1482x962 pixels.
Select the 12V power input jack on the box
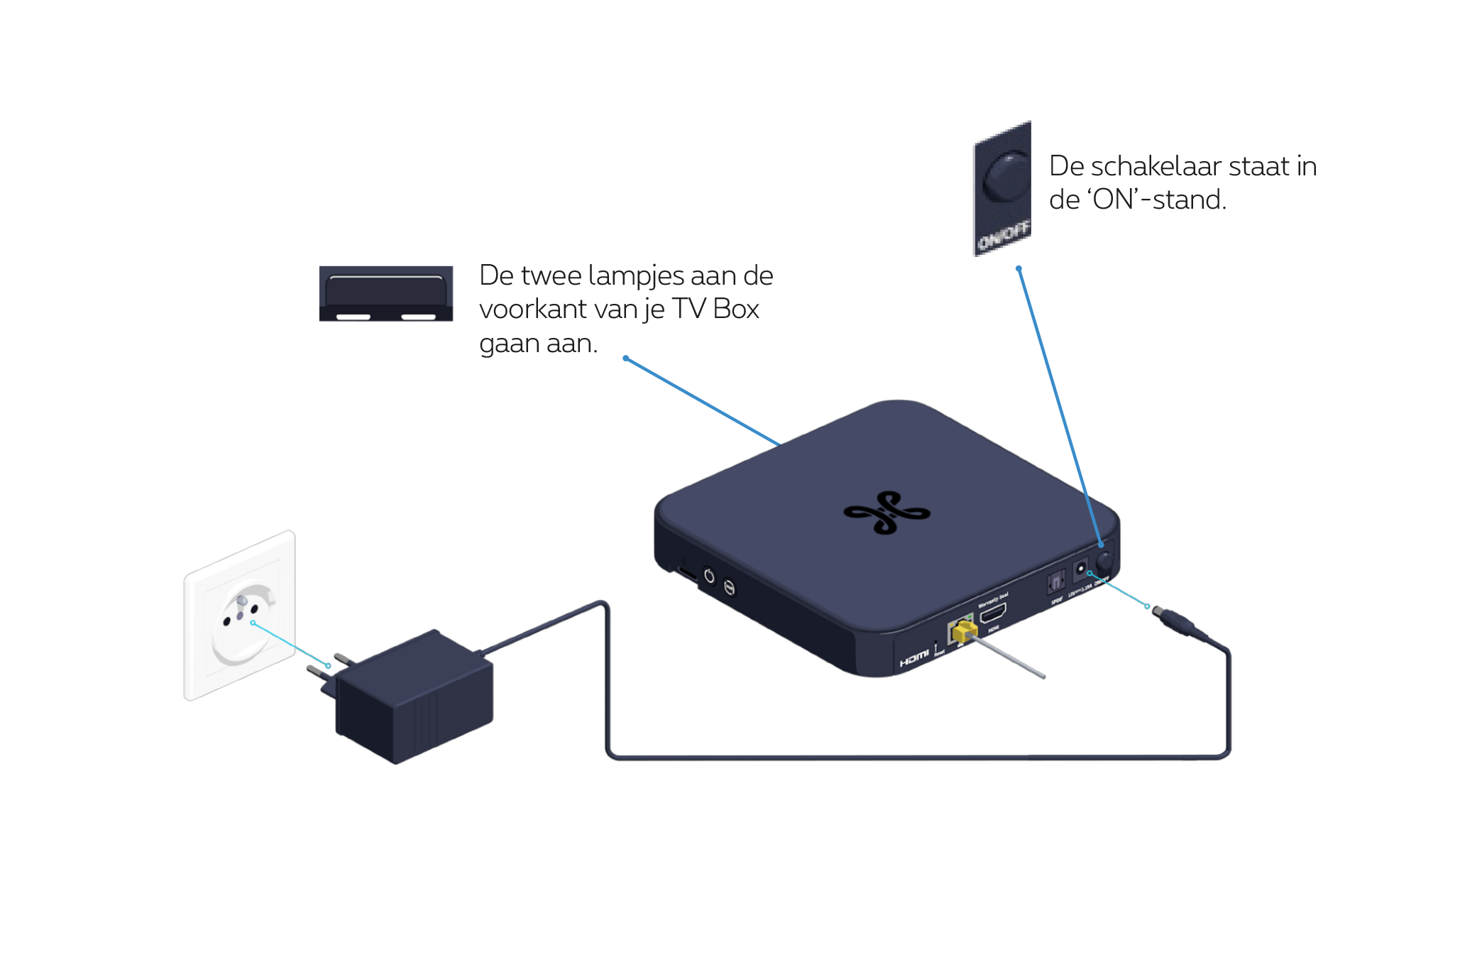click(1080, 569)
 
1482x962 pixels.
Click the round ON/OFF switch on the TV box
click(1104, 560)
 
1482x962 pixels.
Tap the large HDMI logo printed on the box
click(914, 658)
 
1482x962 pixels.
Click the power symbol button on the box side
click(708, 576)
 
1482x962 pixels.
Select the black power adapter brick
click(415, 699)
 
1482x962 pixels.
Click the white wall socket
click(240, 615)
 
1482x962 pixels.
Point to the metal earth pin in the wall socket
click(241, 601)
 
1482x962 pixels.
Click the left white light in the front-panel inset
click(353, 317)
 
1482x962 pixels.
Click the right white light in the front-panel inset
click(418, 317)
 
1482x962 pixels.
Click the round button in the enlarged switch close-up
click(1006, 176)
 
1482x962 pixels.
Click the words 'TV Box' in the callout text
click(715, 310)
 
